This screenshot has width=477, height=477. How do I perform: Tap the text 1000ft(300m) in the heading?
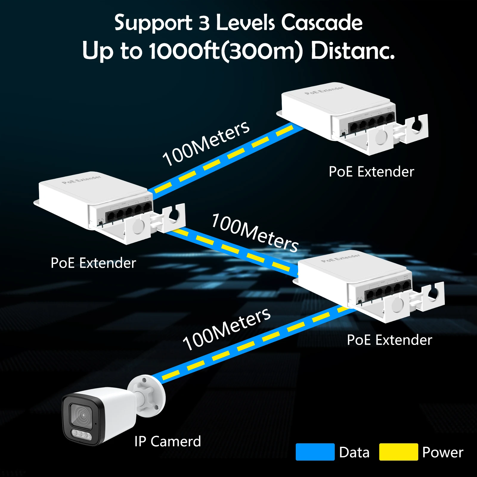coord(226,51)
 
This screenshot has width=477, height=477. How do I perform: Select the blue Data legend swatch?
coord(315,452)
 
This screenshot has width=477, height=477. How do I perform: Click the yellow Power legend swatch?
coord(398,452)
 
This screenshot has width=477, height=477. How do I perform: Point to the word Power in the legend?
coord(443,453)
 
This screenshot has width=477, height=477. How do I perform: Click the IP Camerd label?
coord(168,442)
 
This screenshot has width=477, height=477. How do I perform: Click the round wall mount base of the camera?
coord(147,395)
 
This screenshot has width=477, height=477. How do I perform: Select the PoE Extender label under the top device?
coord(371,172)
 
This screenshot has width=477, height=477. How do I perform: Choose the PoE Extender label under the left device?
coord(93,263)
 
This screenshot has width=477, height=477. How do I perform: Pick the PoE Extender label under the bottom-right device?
coord(389,340)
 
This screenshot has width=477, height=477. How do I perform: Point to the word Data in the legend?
coord(354,453)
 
